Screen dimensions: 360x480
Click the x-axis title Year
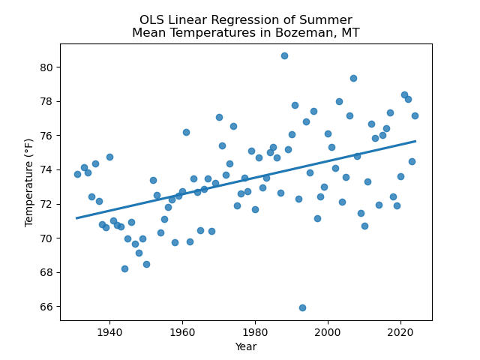[x=246, y=346]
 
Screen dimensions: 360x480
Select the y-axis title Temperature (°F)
[x=29, y=182]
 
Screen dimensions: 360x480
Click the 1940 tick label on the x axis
[x=109, y=331]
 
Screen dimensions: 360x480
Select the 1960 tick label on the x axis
[x=182, y=331]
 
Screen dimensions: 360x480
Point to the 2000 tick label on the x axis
[x=328, y=331]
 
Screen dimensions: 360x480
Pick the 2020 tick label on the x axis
[x=400, y=331]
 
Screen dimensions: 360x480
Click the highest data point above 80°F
[x=284, y=55]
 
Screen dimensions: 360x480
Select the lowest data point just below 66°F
[x=302, y=307]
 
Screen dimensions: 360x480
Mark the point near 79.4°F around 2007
[x=353, y=78]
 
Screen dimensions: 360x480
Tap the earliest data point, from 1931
[x=77, y=174]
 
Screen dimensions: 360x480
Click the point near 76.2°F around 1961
[x=186, y=132]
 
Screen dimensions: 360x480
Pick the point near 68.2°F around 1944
[x=124, y=268]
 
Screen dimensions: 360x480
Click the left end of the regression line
[x=77, y=218]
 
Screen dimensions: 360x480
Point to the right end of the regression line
[x=415, y=141]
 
